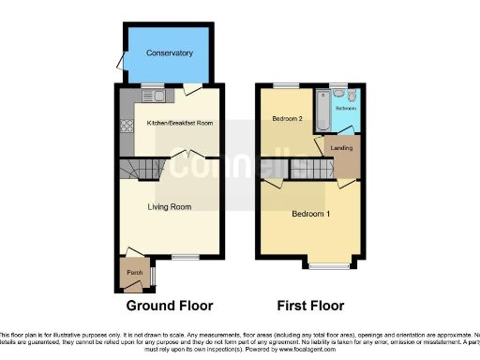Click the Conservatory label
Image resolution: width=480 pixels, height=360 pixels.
point(170,53)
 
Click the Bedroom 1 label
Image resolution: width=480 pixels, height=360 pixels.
point(310,214)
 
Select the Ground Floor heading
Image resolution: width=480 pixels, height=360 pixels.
point(169,306)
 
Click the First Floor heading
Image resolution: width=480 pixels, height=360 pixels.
point(310,306)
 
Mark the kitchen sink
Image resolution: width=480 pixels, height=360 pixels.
point(152,95)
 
